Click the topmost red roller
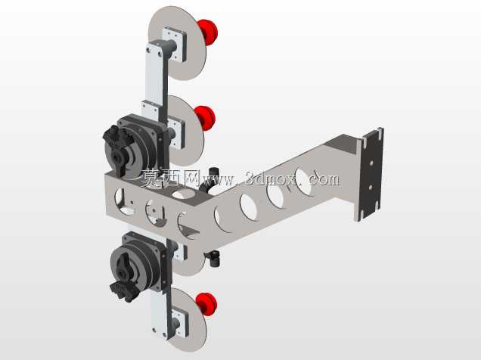[208, 32]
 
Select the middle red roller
[205, 118]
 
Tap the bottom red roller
[206, 304]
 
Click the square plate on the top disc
[174, 44]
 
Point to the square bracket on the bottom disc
[179, 322]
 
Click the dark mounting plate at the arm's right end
[371, 172]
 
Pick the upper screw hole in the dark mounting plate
[371, 163]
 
